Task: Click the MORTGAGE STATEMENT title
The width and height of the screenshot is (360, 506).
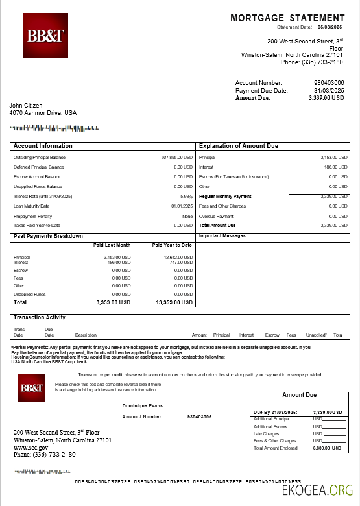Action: [287, 18]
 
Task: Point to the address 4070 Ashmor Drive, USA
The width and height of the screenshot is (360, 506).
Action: [43, 113]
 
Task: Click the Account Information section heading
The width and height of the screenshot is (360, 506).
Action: [43, 146]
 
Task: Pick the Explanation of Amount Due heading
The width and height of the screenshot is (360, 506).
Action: [238, 146]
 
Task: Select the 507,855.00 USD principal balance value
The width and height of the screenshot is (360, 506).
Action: [177, 158]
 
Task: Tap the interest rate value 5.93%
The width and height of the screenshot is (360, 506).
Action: [187, 196]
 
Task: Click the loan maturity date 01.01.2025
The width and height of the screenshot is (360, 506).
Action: [182, 206]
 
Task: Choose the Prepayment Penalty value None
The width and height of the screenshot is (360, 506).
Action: [187, 216]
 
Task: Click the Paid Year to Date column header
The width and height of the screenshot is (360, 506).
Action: [172, 245]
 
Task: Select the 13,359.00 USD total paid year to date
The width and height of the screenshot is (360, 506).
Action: [174, 302]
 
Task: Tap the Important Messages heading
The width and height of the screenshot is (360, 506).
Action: [222, 235]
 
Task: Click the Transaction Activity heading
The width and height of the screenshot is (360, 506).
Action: [39, 317]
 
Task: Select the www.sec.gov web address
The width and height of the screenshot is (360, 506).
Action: [30, 448]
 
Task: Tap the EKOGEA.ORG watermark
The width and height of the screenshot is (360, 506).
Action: [320, 492]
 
